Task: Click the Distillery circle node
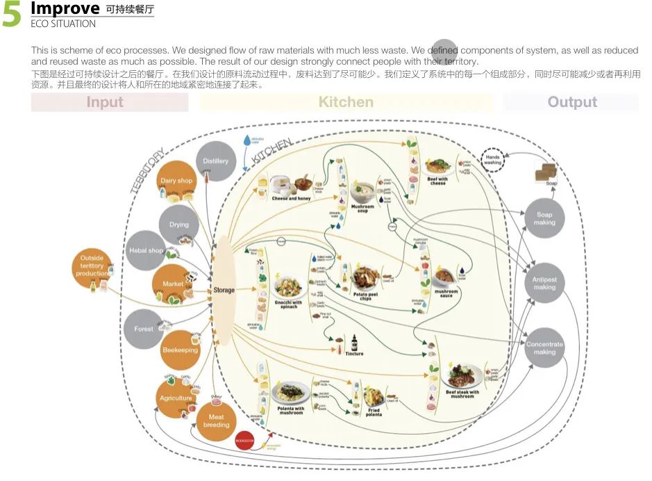coord(215,161)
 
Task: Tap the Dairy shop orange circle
coord(176,181)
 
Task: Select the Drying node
coord(178,225)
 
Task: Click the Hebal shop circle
coord(146,250)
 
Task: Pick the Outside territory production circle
coord(92,266)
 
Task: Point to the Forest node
coord(144,329)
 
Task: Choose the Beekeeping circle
coord(180,350)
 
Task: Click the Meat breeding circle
coord(216,421)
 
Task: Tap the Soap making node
coord(544,218)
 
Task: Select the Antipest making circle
coord(544,283)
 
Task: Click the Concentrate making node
coord(544,348)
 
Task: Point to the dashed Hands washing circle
coord(492,159)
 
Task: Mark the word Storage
coord(224,290)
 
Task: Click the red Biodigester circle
coord(245,440)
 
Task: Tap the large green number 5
coord(12,15)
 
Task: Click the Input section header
coord(105,102)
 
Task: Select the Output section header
coord(571,102)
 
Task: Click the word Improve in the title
coord(65,9)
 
